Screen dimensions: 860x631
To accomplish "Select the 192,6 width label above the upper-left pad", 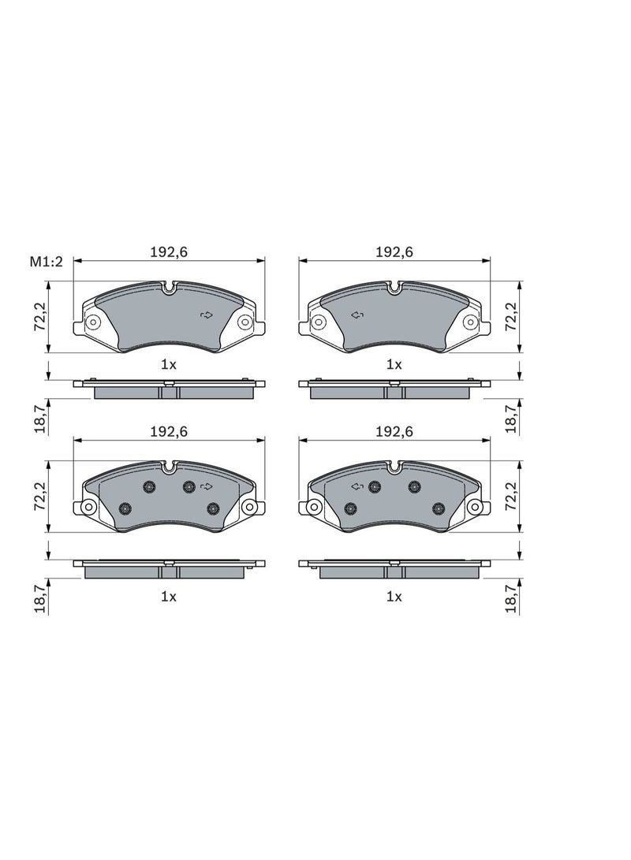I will tap(168, 252).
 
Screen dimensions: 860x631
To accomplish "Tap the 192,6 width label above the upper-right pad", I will tap(394, 252).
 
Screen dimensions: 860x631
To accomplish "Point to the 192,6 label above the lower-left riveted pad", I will tap(168, 431).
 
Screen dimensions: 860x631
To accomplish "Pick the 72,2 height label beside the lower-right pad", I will tap(512, 495).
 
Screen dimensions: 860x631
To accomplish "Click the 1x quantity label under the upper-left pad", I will tap(168, 364).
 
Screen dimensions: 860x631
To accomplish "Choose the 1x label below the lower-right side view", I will tap(394, 597).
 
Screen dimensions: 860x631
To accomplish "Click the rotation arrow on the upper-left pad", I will tap(207, 315).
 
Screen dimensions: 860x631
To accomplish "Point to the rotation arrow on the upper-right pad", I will tap(356, 315).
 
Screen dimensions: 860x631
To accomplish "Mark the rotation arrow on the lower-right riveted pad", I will tap(356, 486).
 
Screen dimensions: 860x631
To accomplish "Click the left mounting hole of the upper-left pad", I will tap(91, 321).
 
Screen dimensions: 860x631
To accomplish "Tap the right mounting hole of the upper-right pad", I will tap(470, 321).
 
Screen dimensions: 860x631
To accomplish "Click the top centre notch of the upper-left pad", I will tap(169, 289).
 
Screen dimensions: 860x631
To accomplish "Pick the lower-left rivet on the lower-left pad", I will tap(125, 508).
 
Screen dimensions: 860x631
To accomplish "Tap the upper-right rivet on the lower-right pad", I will tap(413, 487).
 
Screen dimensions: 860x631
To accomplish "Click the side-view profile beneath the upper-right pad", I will tap(394, 389).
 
